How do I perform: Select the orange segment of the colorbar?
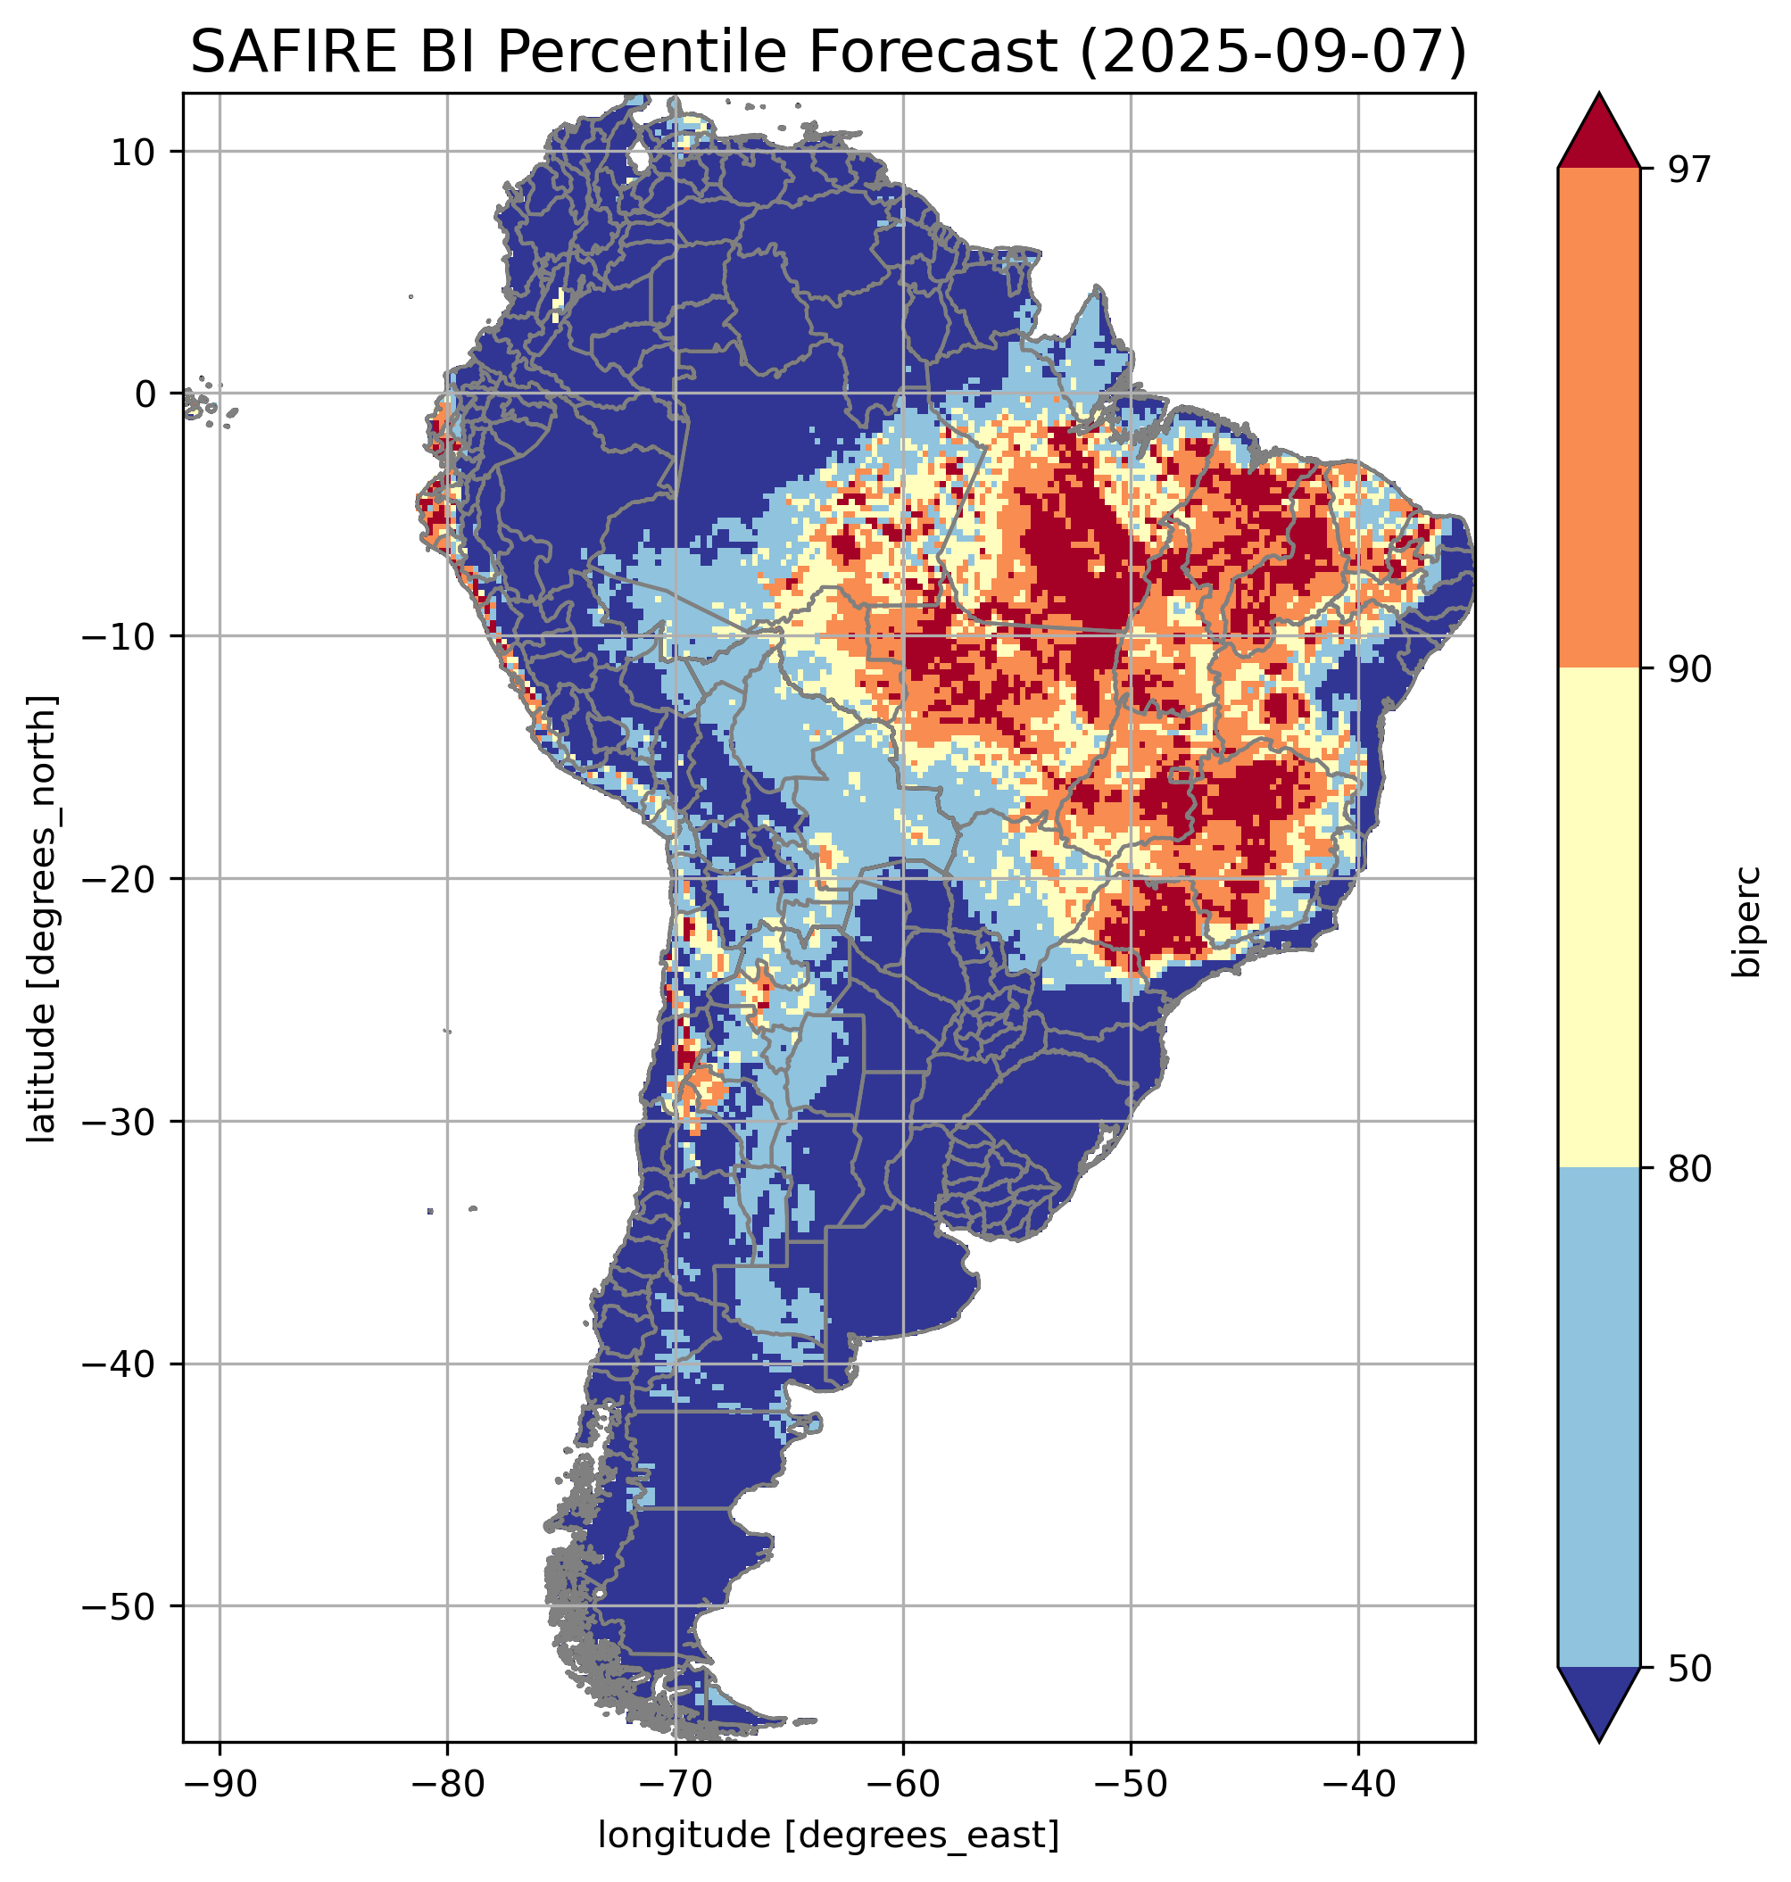coord(1598,419)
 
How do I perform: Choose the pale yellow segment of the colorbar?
coord(1598,916)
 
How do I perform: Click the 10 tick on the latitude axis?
coord(135,152)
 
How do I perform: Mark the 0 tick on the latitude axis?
coord(146,394)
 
